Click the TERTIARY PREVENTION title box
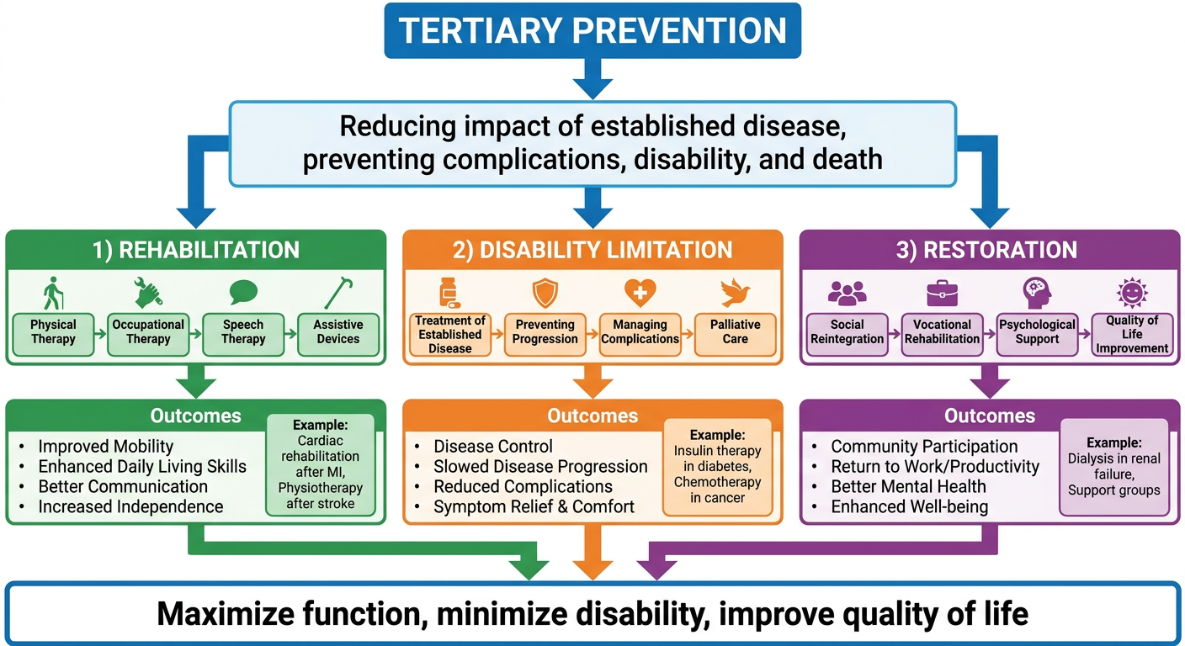click(x=592, y=30)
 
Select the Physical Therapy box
click(x=53, y=334)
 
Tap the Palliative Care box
click(x=735, y=334)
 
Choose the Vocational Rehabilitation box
click(x=942, y=334)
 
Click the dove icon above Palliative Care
click(x=735, y=293)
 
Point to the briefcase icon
click(x=942, y=293)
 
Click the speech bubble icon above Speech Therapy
click(x=243, y=293)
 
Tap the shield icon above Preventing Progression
click(x=545, y=294)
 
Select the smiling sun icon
click(x=1132, y=293)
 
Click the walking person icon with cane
click(x=53, y=293)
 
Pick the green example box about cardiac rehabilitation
click(x=321, y=465)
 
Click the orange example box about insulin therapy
click(x=717, y=467)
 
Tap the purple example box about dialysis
click(x=1114, y=467)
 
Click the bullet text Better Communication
click(x=123, y=486)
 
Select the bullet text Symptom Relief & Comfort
click(x=534, y=506)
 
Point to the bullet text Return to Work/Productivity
click(x=935, y=466)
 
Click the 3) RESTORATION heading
click(x=986, y=250)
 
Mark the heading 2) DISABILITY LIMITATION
click(x=592, y=250)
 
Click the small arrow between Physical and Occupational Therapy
click(x=100, y=334)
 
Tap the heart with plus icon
click(x=640, y=293)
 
